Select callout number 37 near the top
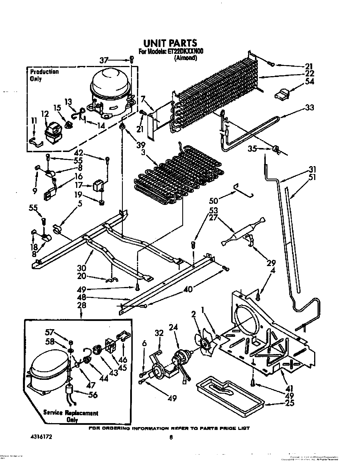pyautogui.click(x=104, y=60)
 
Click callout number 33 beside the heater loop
pyautogui.click(x=310, y=108)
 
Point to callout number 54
pyautogui.click(x=310, y=82)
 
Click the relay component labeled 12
pyautogui.click(x=53, y=132)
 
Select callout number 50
pyautogui.click(x=213, y=200)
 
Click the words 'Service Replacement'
pyautogui.click(x=70, y=413)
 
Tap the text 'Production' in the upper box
pyautogui.click(x=44, y=72)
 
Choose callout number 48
pyautogui.click(x=81, y=297)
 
